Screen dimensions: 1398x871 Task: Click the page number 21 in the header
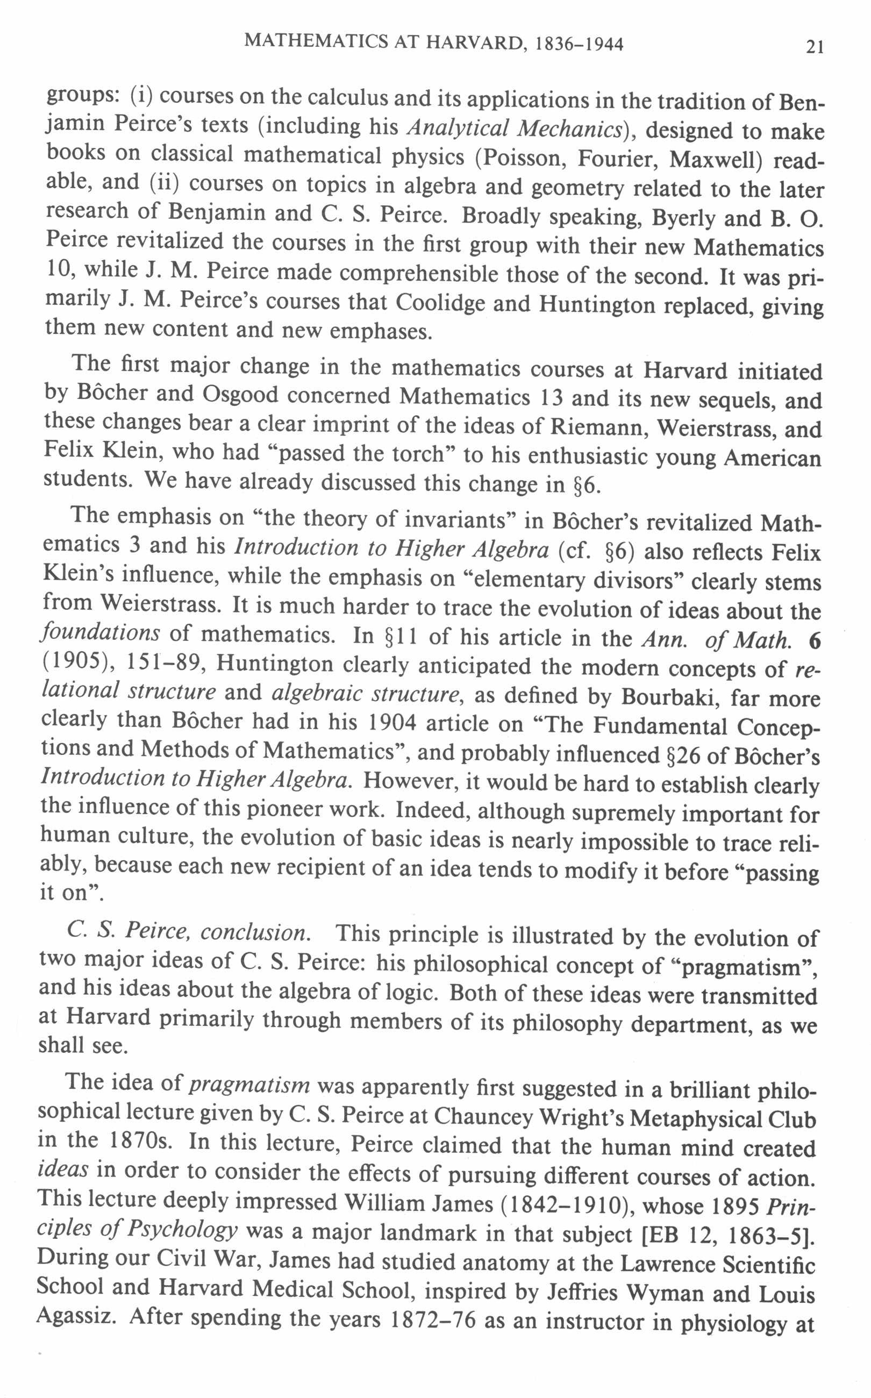815,47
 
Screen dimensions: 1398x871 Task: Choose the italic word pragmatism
249,1085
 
